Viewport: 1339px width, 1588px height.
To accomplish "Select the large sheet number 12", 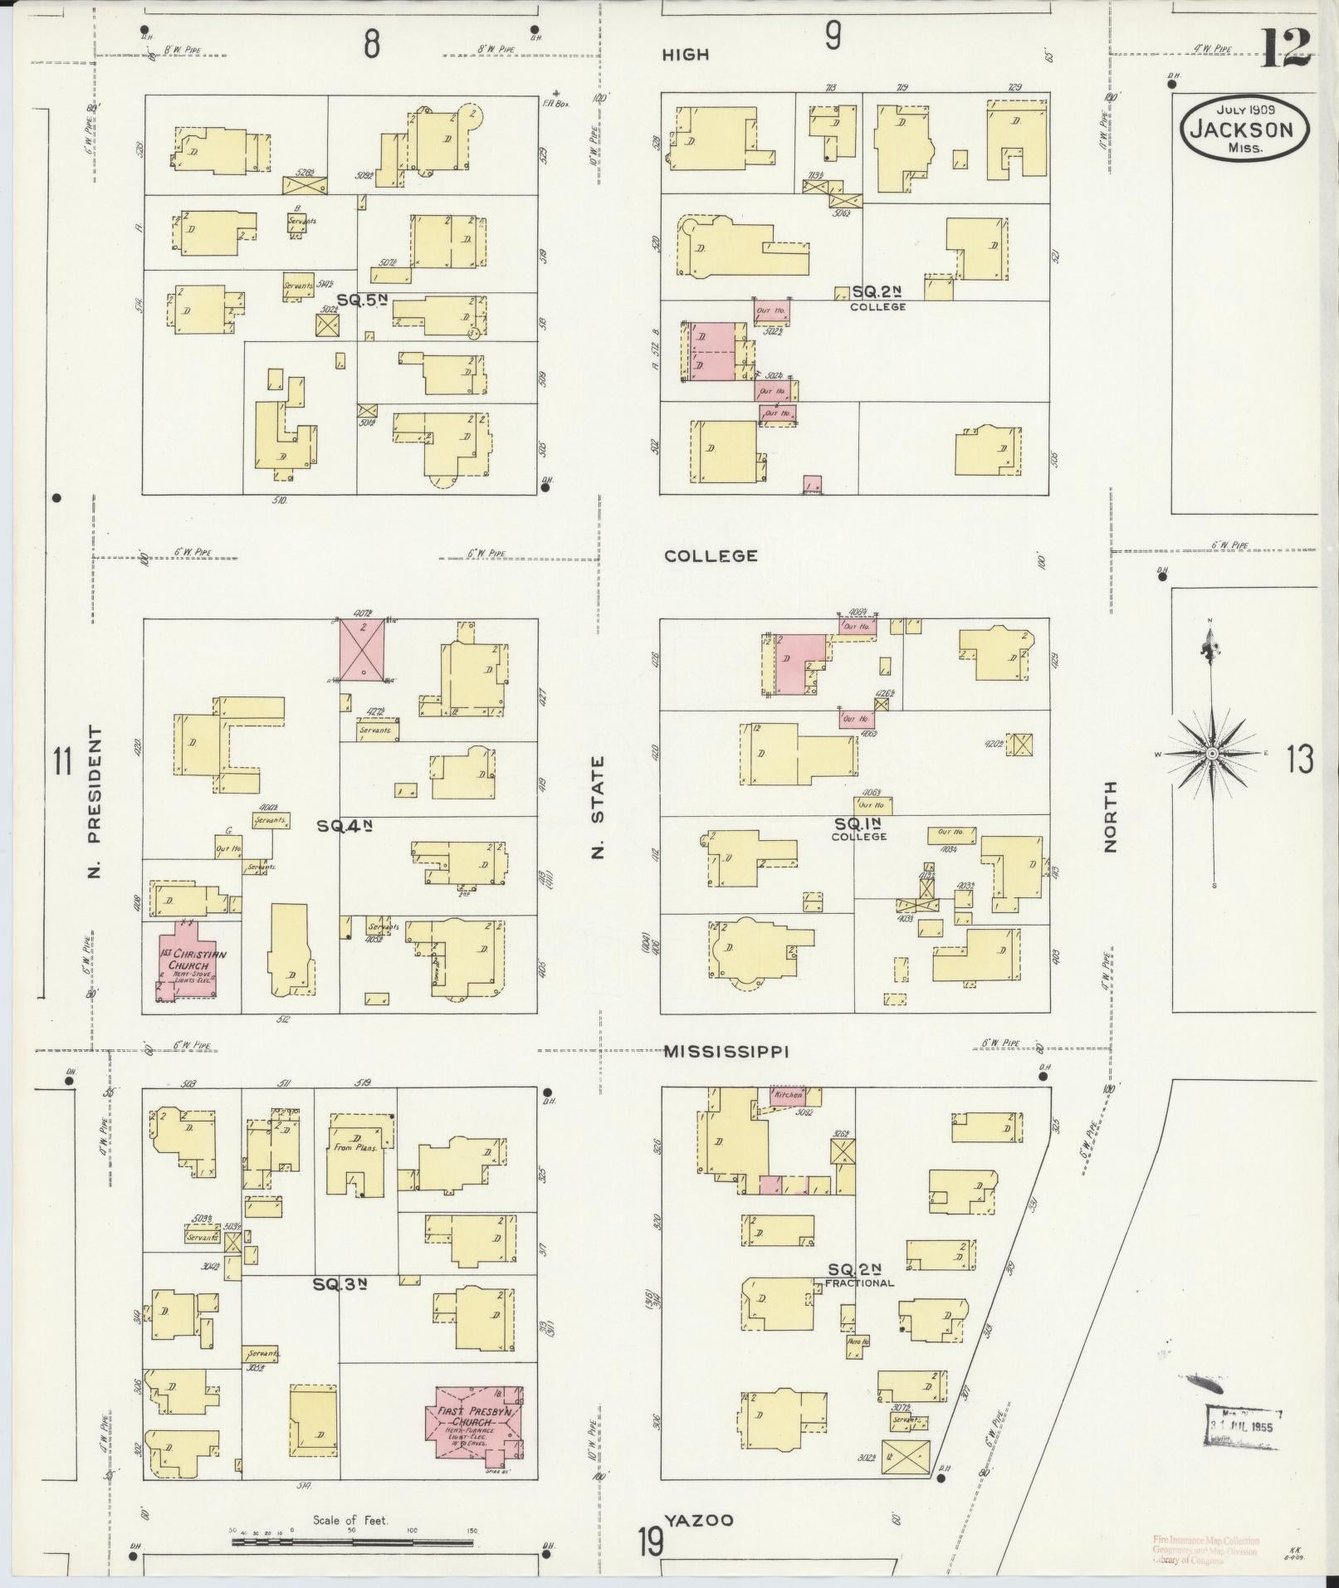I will pos(1286,48).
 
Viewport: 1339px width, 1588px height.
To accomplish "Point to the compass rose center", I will pos(1211,753).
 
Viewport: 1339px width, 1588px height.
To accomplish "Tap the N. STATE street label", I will pos(598,805).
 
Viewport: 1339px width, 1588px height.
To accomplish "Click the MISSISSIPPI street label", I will pos(726,1052).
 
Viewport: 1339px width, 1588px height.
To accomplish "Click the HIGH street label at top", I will pos(686,56).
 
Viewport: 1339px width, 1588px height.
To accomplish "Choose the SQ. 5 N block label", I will pos(363,300).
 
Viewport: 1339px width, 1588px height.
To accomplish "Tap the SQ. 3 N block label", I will pos(340,1307).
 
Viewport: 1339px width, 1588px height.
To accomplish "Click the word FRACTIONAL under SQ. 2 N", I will pos(859,1283).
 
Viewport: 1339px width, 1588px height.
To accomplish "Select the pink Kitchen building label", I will pos(787,1095).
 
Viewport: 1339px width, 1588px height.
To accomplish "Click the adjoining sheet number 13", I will pos(1301,760).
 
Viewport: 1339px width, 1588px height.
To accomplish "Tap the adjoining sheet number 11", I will pos(63,761).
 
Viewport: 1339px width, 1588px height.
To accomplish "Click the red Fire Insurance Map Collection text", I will pos(1205,1541).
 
